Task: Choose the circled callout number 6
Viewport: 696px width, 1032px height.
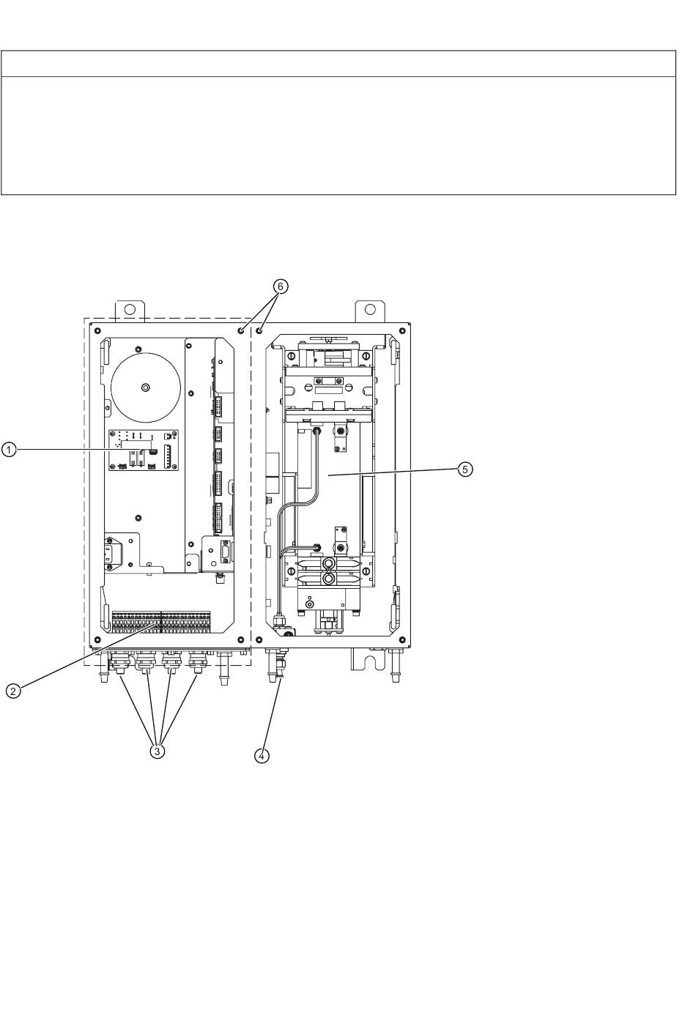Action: [277, 288]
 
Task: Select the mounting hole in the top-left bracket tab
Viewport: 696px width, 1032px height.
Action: [131, 309]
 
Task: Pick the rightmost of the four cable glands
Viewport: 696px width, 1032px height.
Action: [196, 665]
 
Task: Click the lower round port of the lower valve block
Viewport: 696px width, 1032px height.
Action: [329, 579]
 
